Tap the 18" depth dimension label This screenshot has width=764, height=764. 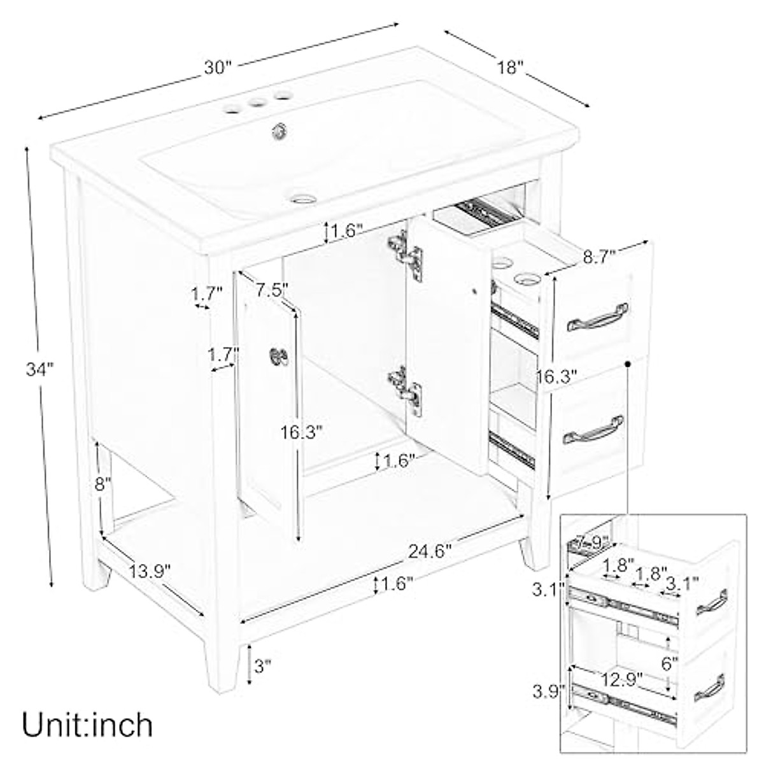tap(511, 67)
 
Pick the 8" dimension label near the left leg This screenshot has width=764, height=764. tap(103, 485)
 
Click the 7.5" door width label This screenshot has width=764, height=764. tap(272, 290)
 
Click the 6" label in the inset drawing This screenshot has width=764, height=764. tap(669, 664)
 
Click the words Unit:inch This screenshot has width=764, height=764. tap(88, 724)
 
